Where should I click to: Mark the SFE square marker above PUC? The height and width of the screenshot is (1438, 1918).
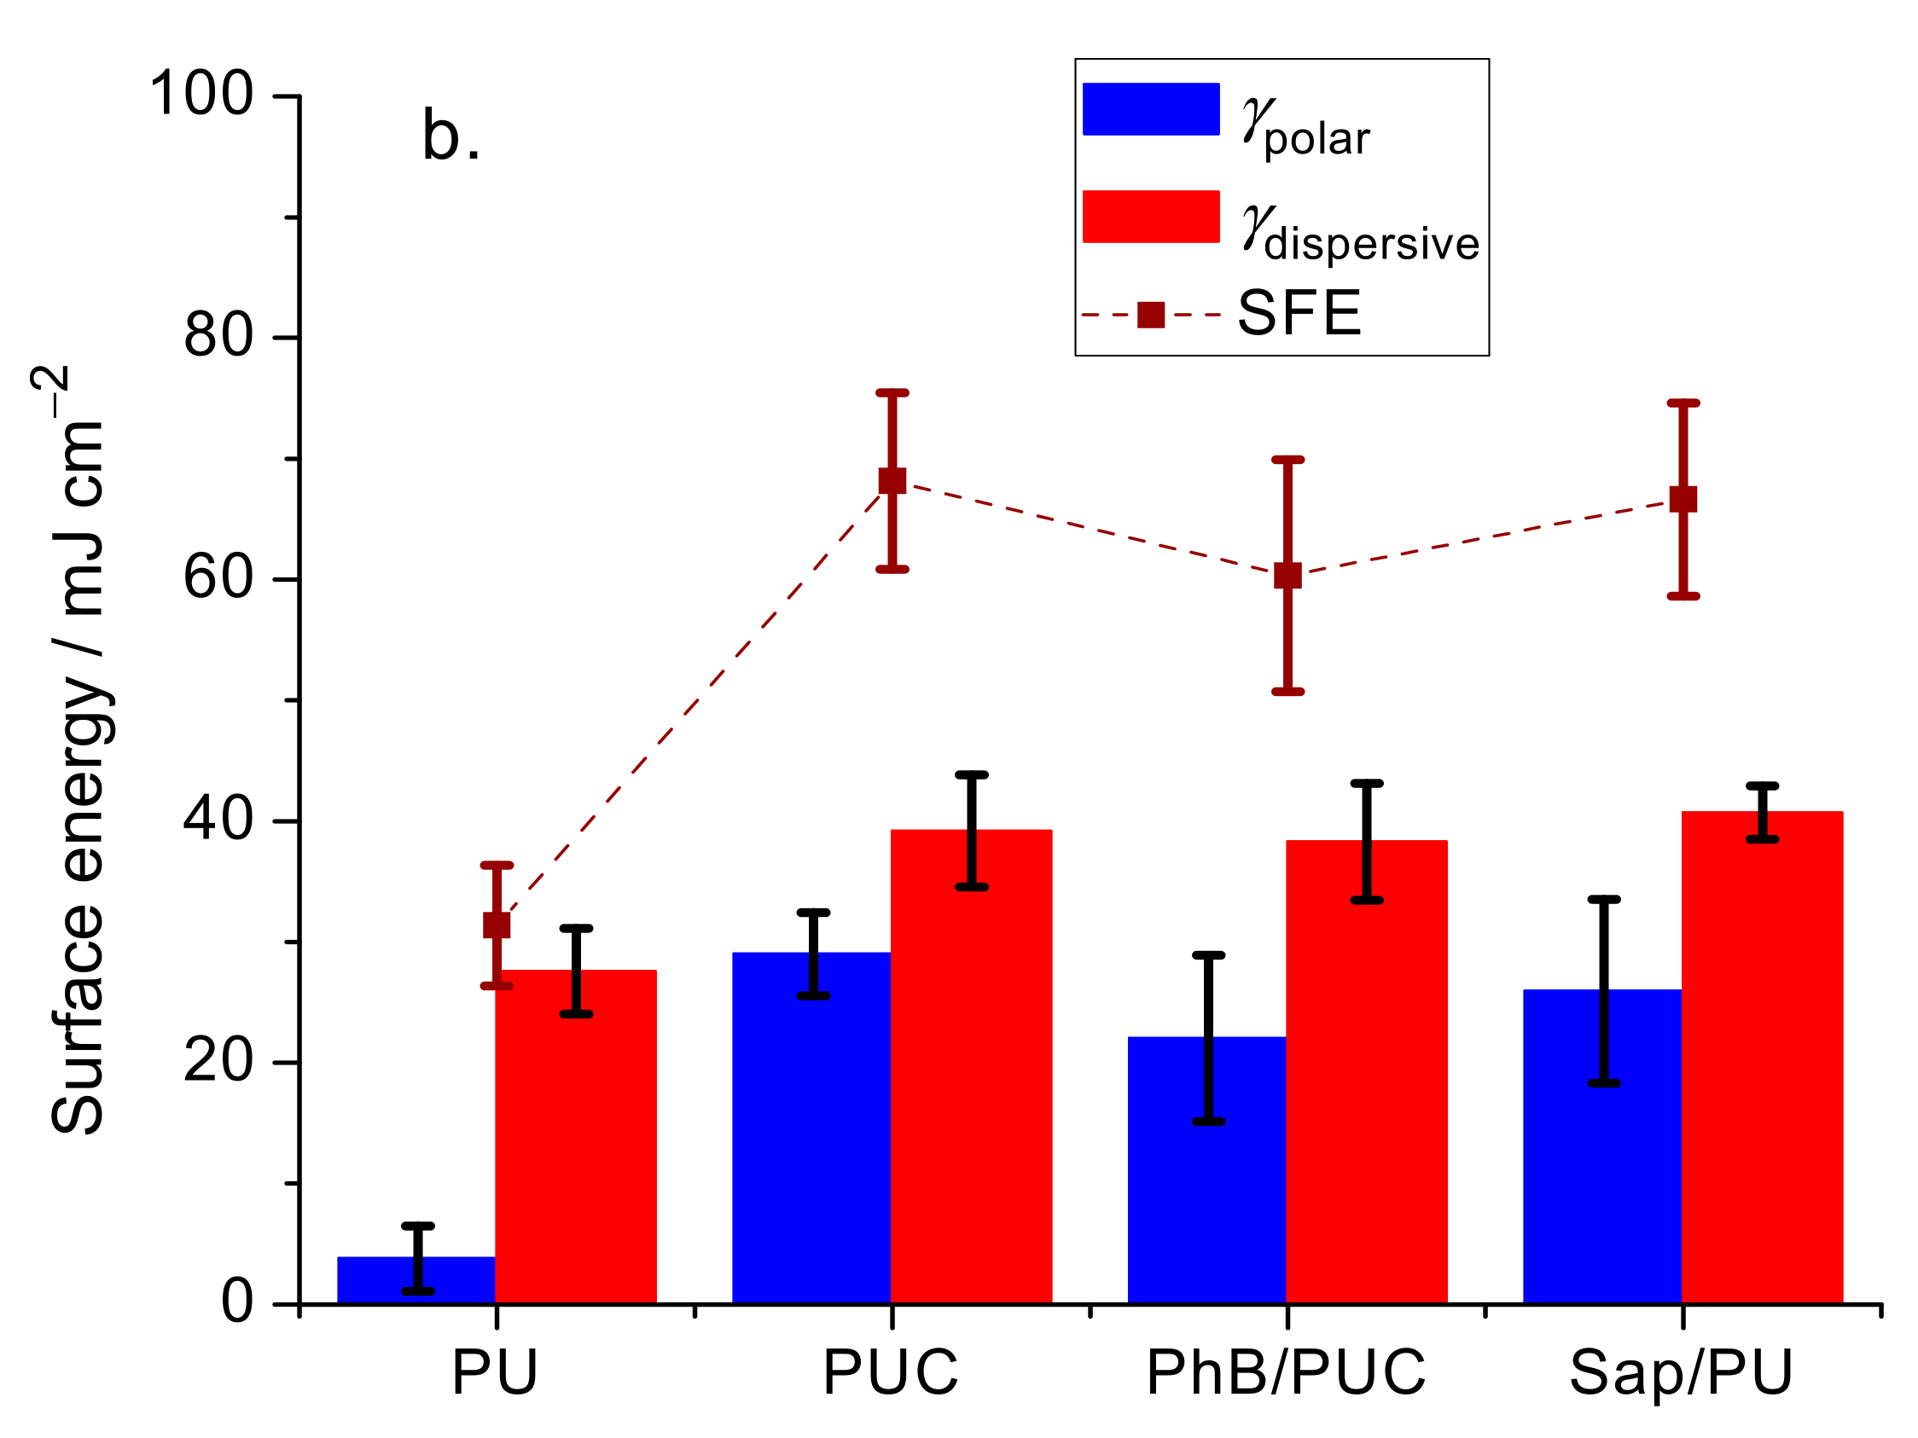click(892, 480)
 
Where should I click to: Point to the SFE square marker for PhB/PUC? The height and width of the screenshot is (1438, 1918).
click(1287, 575)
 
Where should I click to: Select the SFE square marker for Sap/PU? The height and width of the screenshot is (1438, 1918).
click(1683, 499)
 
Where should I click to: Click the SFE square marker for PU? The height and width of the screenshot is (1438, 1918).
click(497, 925)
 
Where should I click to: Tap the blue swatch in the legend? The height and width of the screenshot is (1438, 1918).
click(1151, 109)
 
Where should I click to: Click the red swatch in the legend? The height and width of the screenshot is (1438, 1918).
click(1151, 216)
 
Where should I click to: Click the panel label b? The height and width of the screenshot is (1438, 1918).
click(450, 137)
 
